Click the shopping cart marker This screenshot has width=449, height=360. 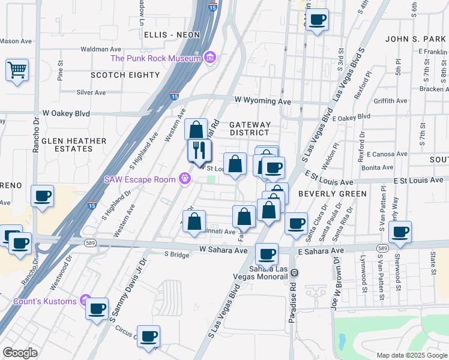(17, 70)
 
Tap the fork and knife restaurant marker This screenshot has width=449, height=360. (199, 150)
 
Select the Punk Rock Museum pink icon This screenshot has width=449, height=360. (209, 58)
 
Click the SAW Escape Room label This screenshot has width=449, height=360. (139, 179)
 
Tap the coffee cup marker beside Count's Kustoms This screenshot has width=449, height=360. (97, 309)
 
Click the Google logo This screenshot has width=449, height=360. (20, 353)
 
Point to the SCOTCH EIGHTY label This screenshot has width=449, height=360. (125, 75)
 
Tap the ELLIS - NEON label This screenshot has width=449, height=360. (172, 35)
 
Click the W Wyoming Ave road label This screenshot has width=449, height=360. (263, 100)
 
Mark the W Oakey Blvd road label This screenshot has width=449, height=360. (66, 113)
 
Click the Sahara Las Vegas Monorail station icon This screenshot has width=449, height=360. (294, 272)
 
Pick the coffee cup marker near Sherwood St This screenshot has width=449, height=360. (400, 232)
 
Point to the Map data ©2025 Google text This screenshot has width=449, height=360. (411, 355)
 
